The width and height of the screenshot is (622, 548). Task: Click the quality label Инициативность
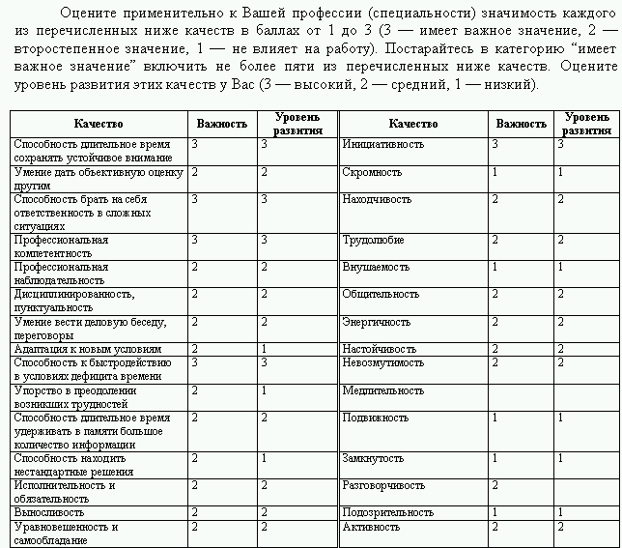(x=383, y=144)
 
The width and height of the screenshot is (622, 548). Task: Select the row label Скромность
(x=372, y=172)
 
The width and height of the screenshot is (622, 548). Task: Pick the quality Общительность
(x=381, y=294)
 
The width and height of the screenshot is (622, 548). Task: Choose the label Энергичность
(x=377, y=322)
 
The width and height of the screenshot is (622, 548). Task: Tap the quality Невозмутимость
(x=383, y=362)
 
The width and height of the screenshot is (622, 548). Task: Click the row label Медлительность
(x=383, y=390)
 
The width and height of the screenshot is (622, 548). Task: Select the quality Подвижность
(x=374, y=418)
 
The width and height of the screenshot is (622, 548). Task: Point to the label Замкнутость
(x=373, y=458)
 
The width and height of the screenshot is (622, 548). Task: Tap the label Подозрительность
(x=388, y=513)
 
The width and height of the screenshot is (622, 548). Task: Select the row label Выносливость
(x=48, y=513)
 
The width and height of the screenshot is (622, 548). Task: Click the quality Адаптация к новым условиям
(x=87, y=349)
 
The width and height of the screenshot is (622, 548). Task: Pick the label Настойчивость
(x=380, y=349)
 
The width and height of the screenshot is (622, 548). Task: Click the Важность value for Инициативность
(x=495, y=144)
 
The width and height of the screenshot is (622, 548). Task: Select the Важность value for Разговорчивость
(x=495, y=484)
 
